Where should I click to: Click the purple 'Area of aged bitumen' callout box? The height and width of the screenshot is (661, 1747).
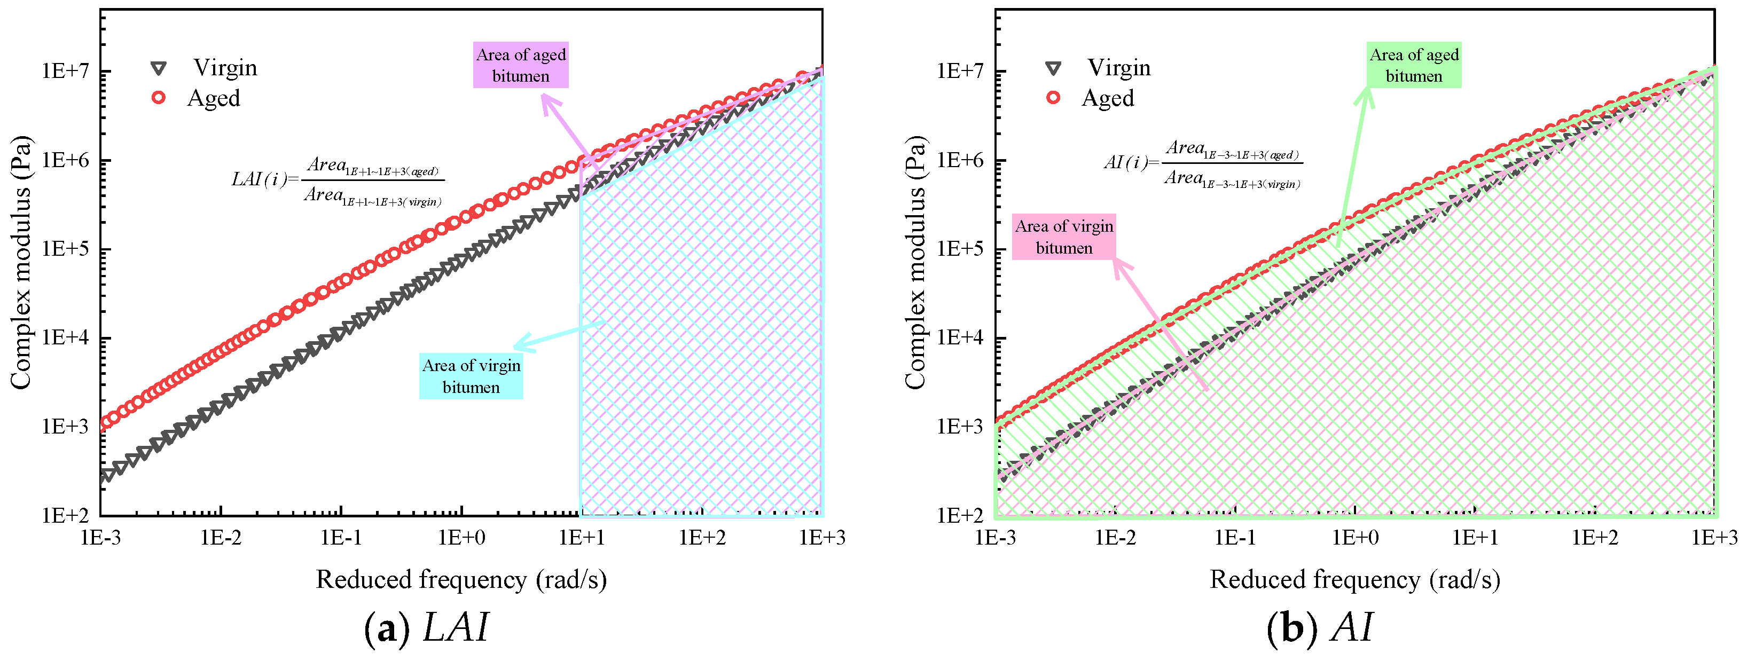tap(521, 65)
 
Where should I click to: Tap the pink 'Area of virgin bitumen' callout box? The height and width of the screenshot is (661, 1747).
tap(1063, 237)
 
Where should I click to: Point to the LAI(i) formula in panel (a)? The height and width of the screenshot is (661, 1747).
tap(338, 181)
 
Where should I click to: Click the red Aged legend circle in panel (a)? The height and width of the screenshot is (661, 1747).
tap(159, 98)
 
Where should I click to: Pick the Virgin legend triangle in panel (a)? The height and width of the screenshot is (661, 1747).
tap(159, 68)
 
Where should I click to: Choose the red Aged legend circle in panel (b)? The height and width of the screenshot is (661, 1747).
tap(1053, 98)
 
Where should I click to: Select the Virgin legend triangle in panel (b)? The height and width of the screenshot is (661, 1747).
tap(1053, 68)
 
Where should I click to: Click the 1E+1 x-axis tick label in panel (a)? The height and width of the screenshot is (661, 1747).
tap(581, 538)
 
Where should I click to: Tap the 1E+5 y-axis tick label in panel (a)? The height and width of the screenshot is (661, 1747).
tap(65, 249)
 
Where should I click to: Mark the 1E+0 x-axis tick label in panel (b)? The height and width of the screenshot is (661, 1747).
tap(1355, 538)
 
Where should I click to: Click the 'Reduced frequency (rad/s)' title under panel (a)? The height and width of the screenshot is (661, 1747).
tap(461, 580)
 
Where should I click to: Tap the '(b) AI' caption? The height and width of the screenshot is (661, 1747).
tap(1320, 627)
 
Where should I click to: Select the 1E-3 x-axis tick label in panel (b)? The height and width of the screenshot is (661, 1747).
tap(996, 538)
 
